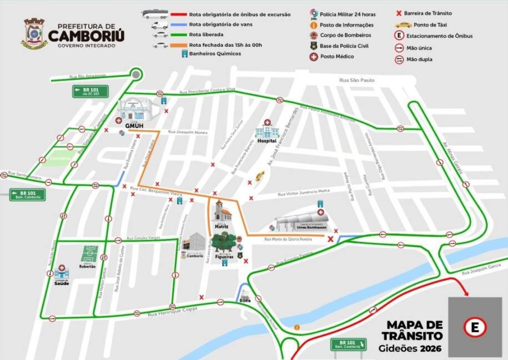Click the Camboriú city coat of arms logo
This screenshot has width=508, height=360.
click(x=34, y=33)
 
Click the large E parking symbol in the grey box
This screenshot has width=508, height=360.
click(x=475, y=327)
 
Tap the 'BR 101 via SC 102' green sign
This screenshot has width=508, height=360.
click(x=85, y=92)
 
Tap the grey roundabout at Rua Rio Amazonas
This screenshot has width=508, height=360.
click(x=136, y=74)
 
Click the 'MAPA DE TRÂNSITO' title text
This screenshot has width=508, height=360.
click(x=414, y=329)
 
